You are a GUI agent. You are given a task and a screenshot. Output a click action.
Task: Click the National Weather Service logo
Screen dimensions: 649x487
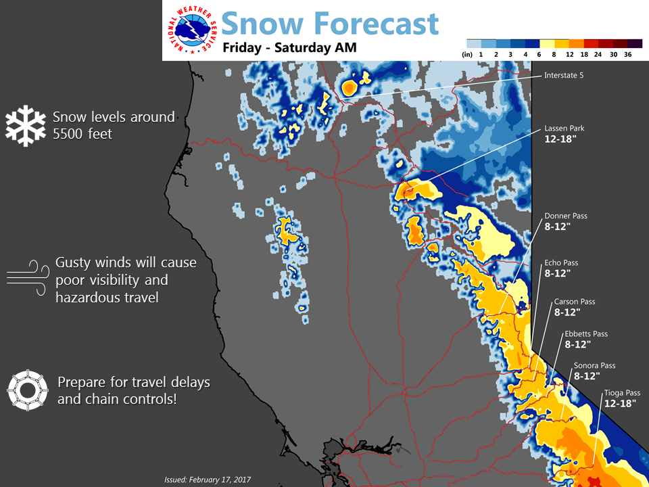pyautogui.click(x=191, y=30)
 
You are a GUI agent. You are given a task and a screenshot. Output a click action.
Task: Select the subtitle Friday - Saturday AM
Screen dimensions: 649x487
pyautogui.click(x=289, y=47)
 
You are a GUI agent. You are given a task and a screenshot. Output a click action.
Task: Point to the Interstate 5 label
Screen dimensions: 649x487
pyautogui.click(x=564, y=75)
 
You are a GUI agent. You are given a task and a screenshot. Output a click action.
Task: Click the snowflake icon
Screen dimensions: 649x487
pyautogui.click(x=26, y=126)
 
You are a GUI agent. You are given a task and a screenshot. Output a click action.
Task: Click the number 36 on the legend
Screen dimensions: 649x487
pyautogui.click(x=627, y=54)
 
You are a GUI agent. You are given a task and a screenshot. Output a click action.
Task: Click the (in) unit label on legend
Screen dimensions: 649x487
pyautogui.click(x=467, y=54)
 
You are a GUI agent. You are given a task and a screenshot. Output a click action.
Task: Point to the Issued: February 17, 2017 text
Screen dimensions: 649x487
pyautogui.click(x=208, y=480)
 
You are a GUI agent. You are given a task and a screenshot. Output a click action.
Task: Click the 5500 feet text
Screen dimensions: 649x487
pyautogui.click(x=82, y=134)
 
